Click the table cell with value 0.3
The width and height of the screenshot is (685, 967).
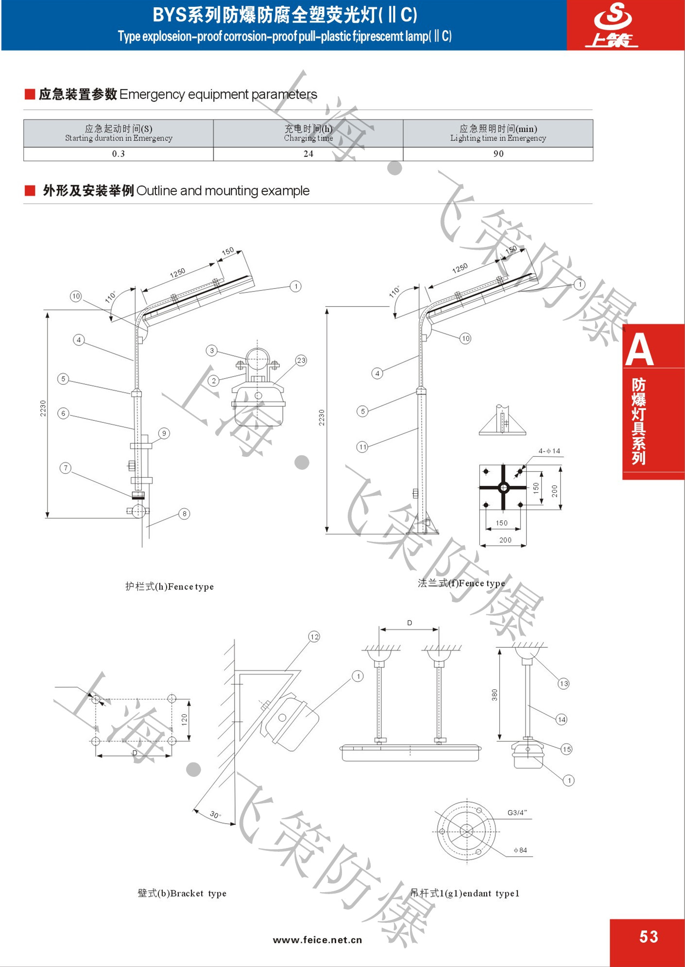119,154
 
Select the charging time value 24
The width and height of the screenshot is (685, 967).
308,154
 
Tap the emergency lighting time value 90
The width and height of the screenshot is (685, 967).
498,154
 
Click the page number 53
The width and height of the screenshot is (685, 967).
649,936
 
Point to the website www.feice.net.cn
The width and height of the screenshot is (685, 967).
317,940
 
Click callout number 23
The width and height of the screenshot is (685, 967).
301,361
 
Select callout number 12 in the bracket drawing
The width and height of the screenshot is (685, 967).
314,637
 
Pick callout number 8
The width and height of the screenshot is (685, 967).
184,514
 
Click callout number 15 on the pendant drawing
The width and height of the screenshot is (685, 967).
566,749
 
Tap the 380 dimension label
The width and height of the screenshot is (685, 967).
495,695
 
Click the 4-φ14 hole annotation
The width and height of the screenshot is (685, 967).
549,451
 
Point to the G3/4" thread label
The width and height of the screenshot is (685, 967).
517,812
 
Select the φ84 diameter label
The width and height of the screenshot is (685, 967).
520,850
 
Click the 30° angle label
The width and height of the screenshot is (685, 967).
215,814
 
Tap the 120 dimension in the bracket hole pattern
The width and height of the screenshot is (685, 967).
184,719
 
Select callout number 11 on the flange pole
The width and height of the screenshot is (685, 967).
362,447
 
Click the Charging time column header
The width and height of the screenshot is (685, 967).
308,133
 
